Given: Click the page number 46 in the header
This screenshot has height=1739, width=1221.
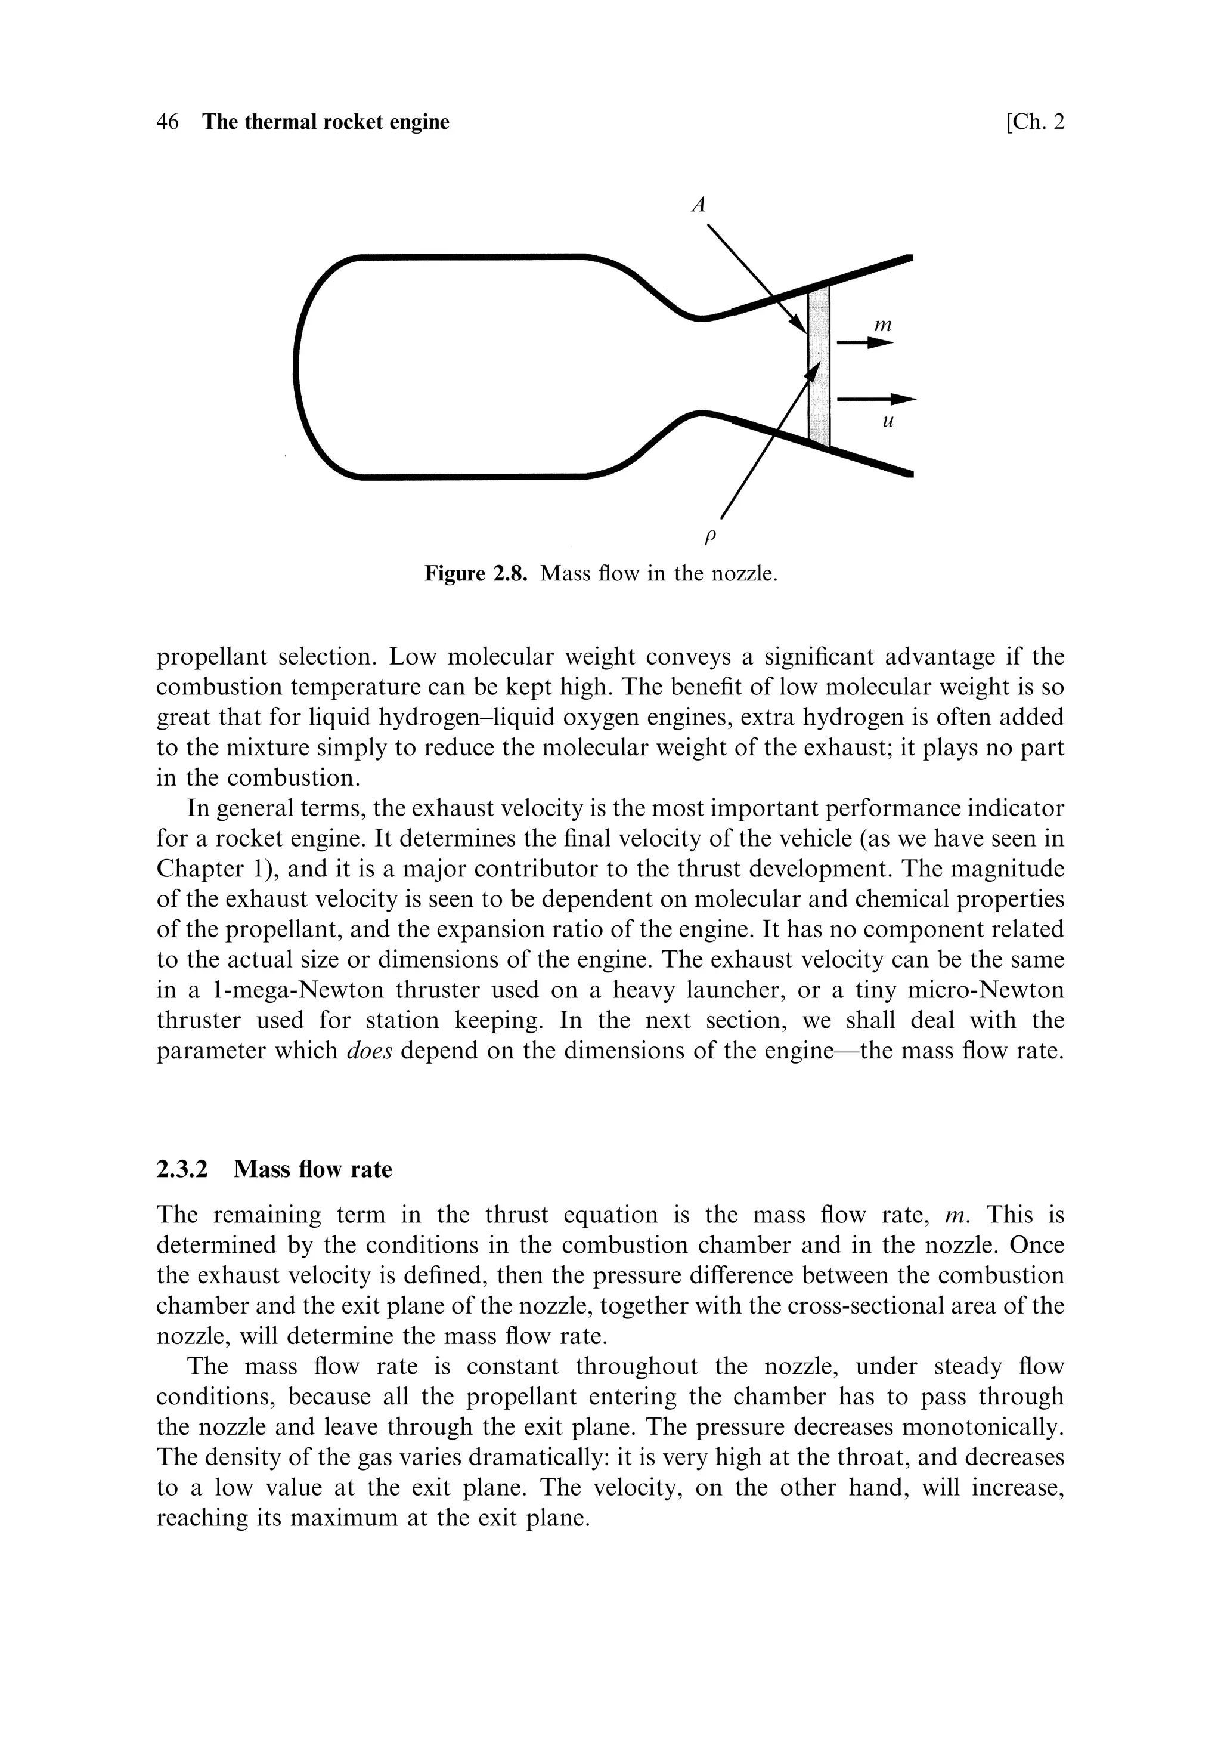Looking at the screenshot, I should click(168, 122).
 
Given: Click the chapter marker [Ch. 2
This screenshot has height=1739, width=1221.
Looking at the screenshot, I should click(1034, 122).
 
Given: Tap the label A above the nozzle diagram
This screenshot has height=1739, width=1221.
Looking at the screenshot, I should click(699, 204).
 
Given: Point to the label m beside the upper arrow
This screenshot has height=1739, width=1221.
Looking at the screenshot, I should click(882, 326).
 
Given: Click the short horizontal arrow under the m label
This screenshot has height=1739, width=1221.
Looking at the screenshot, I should click(864, 343).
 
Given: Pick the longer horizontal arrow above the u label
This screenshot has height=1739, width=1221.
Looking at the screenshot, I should click(876, 399).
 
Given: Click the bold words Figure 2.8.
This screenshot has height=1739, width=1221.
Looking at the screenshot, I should click(475, 573).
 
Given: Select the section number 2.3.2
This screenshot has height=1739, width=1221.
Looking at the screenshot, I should click(182, 1169).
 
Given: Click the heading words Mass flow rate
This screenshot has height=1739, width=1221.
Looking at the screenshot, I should click(312, 1169).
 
